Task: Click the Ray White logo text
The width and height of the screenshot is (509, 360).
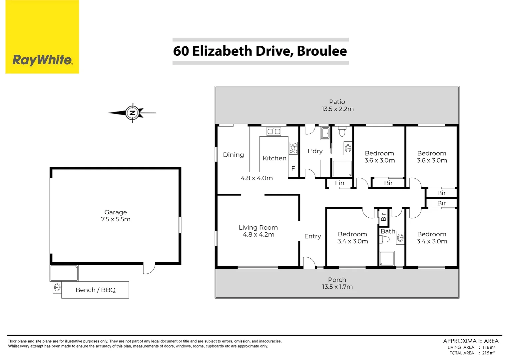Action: pos(42,60)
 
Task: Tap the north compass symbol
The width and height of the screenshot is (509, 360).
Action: pos(133,113)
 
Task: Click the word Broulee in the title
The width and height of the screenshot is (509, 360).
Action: pos(321,51)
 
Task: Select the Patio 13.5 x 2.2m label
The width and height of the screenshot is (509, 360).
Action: pos(337,105)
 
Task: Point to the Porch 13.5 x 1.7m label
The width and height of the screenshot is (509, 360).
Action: pos(337,283)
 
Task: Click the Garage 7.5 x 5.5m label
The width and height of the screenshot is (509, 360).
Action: pos(116,216)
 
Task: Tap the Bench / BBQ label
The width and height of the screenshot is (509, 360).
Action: pos(96,290)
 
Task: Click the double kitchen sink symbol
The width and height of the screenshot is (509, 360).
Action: pos(274,131)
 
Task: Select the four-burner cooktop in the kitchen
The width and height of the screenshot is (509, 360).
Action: pos(293,148)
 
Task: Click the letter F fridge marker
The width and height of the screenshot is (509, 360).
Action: pos(293,169)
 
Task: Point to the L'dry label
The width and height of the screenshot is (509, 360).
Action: pos(315,151)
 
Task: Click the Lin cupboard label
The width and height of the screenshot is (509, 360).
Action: pos(339,183)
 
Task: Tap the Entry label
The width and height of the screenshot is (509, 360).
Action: pos(312,236)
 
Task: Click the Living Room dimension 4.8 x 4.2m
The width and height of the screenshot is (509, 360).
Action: pos(258,235)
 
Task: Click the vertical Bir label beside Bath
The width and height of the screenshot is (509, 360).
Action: pos(383,217)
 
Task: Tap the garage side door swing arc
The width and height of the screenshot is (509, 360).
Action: pos(150,268)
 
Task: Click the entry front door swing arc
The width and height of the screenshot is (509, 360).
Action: pos(309,263)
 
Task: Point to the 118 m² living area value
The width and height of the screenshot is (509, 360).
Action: pos(488,347)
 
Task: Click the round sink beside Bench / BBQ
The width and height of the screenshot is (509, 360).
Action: pos(57,287)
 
